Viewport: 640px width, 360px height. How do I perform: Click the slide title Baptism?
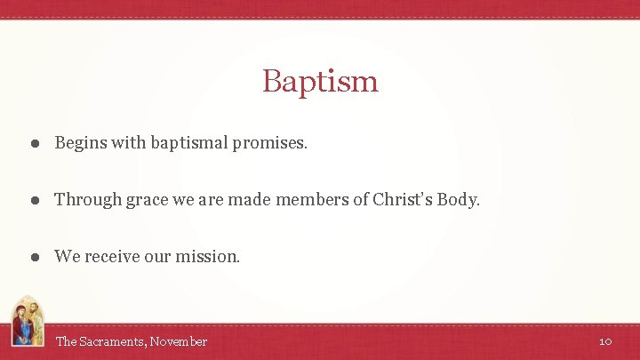[x=320, y=82]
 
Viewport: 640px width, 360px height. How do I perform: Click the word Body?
[x=457, y=200]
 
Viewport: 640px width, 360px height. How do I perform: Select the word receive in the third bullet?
[x=114, y=257]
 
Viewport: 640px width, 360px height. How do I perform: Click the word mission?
[x=207, y=257]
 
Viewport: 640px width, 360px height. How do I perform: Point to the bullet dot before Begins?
[x=32, y=143]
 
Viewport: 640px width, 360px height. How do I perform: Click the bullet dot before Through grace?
[x=32, y=200]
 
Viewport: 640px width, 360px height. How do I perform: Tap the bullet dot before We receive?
[x=32, y=257]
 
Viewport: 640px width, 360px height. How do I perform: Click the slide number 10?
[x=605, y=341]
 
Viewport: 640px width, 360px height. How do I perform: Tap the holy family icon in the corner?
[x=26, y=322]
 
